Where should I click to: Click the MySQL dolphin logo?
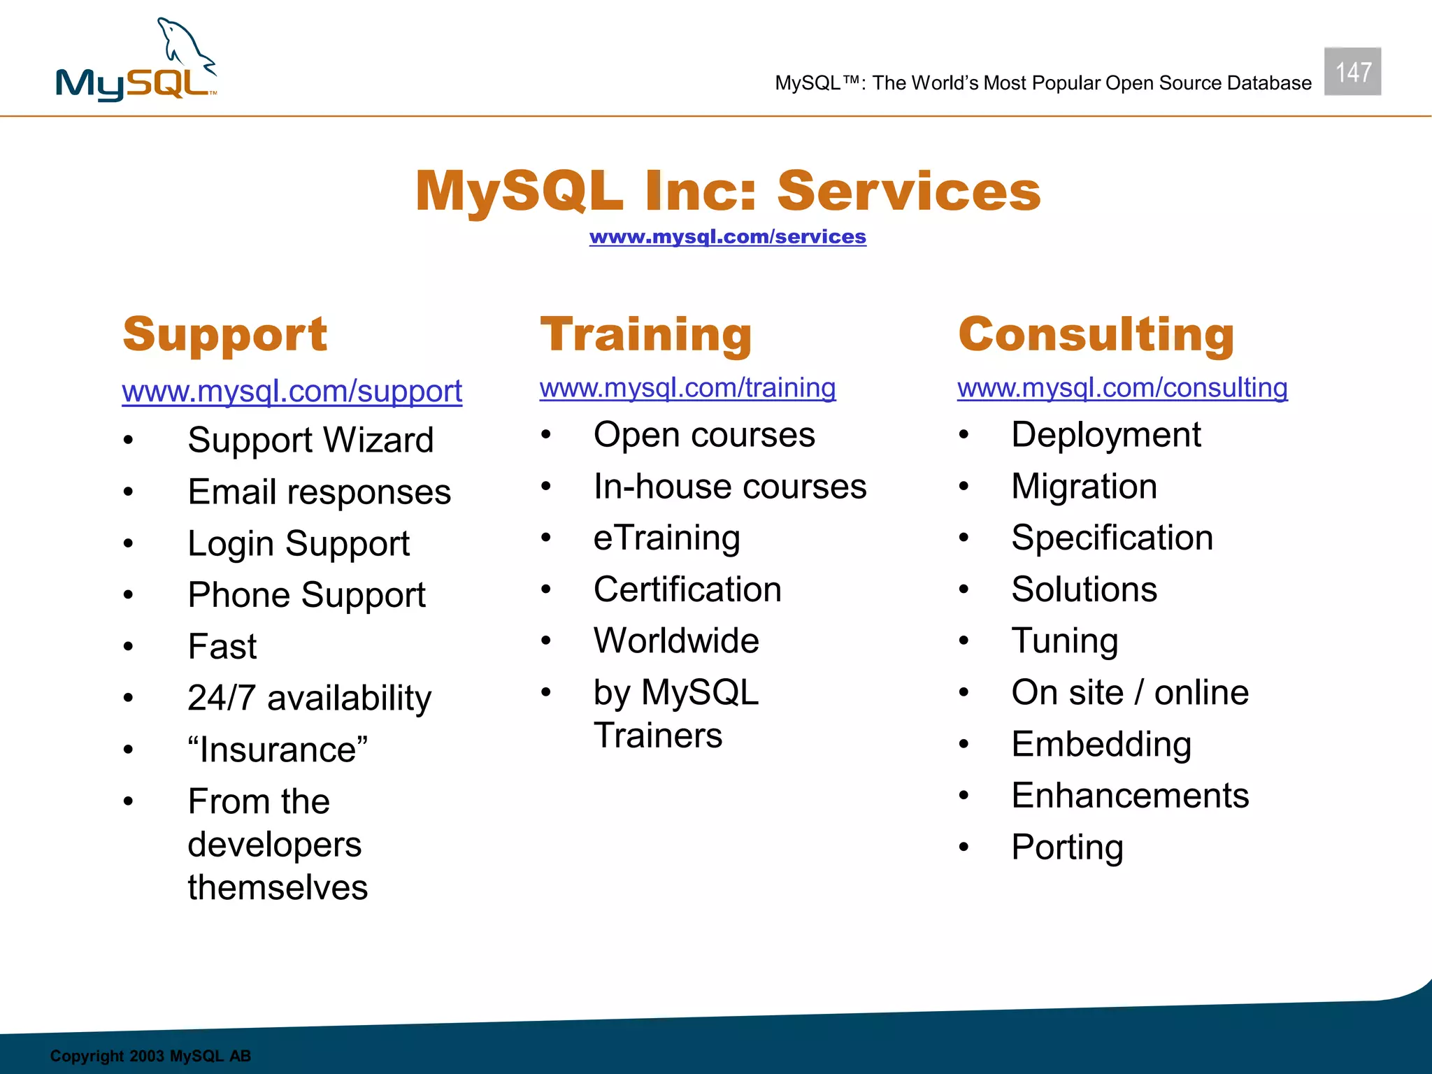(137, 62)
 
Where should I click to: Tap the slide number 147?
(1352, 72)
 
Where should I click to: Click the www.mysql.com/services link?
(727, 237)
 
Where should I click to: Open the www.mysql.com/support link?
(292, 392)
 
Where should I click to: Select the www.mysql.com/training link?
(687, 388)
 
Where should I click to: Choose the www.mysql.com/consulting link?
(1122, 388)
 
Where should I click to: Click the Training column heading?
(645, 335)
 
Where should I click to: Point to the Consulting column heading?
(1096, 335)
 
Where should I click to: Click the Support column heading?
(224, 335)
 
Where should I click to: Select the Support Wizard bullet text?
(310, 441)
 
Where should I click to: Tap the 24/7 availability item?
(309, 698)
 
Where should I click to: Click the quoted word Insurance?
(278, 750)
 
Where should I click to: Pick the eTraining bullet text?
(666, 538)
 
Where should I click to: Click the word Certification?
(687, 589)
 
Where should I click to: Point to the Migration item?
(1084, 487)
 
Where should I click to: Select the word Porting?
(1067, 847)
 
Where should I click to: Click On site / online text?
(1129, 693)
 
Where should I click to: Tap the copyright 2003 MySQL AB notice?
(150, 1056)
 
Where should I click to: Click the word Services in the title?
(908, 192)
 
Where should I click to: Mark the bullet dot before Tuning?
(964, 641)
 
